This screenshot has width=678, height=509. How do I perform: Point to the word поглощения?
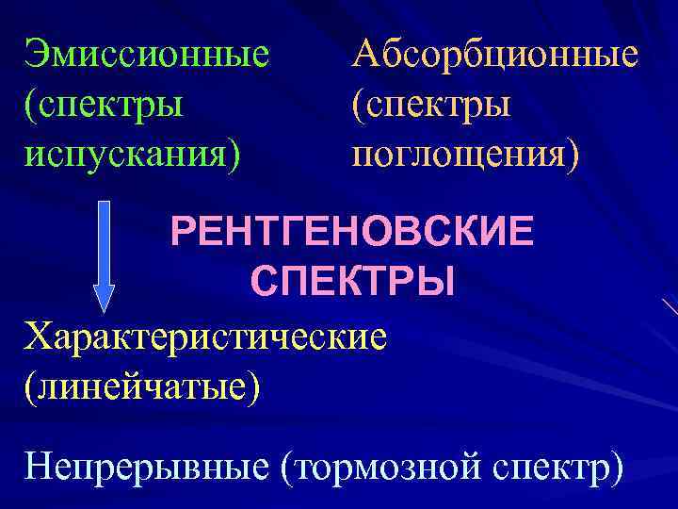[457, 151]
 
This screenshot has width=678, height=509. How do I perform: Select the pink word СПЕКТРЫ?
[353, 281]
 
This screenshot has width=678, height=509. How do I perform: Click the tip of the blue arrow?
[105, 308]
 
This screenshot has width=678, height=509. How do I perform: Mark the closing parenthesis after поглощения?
[573, 151]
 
